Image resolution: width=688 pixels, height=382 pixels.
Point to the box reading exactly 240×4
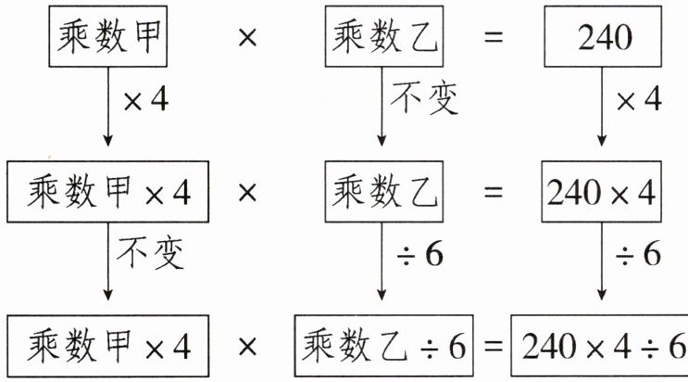(602, 193)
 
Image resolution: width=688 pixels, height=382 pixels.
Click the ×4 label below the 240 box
(639, 99)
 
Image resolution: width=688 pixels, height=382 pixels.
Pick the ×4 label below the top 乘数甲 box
(145, 99)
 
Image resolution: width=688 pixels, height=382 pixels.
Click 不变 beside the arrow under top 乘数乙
(425, 99)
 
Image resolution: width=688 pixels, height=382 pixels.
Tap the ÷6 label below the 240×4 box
(639, 253)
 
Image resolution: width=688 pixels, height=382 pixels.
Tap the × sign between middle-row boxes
(247, 193)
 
